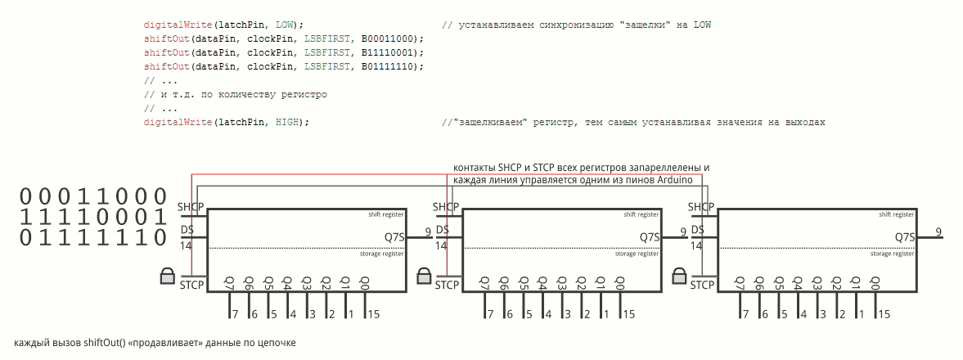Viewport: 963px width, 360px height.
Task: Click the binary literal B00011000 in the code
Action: pos(389,38)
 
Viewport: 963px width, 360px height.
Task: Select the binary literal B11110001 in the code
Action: pos(389,52)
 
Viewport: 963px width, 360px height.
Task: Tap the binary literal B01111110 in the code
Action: pos(389,66)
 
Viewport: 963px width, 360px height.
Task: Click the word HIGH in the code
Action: pos(286,122)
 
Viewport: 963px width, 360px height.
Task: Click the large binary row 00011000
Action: pos(93,196)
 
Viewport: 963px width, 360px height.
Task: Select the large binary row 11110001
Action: pos(93,217)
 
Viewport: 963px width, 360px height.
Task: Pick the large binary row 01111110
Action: pos(93,237)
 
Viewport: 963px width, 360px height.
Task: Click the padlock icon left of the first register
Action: pos(168,276)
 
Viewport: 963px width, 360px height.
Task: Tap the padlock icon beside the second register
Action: pos(424,276)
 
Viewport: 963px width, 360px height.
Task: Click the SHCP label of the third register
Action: pos(701,207)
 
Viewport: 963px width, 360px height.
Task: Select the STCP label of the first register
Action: pos(191,285)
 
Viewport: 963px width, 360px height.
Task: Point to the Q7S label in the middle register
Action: pos(650,237)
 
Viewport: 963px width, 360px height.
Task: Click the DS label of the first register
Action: pos(187,230)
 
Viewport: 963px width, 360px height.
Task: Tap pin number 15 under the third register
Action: pos(884,314)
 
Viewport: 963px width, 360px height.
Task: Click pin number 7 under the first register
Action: pos(234,314)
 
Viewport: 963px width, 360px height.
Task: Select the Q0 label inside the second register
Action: pos(619,283)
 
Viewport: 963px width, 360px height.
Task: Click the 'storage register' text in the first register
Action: pos(381,254)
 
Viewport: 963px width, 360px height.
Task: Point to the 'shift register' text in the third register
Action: pos(896,214)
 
